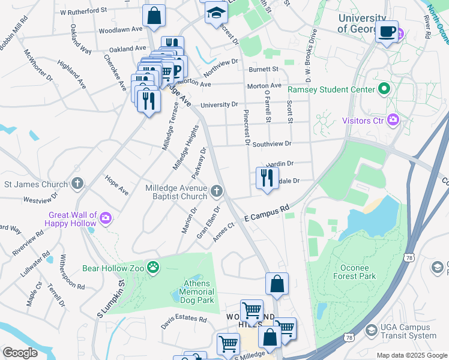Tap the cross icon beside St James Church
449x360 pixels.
click(77, 183)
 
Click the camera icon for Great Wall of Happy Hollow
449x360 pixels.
click(106, 217)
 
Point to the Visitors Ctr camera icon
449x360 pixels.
click(393, 120)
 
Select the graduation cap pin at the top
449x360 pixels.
click(215, 13)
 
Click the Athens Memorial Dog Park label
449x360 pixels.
click(196, 292)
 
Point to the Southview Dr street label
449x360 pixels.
click(271, 144)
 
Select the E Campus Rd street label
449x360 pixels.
click(267, 214)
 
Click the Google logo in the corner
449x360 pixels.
click(20, 353)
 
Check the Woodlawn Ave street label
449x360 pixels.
click(120, 29)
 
